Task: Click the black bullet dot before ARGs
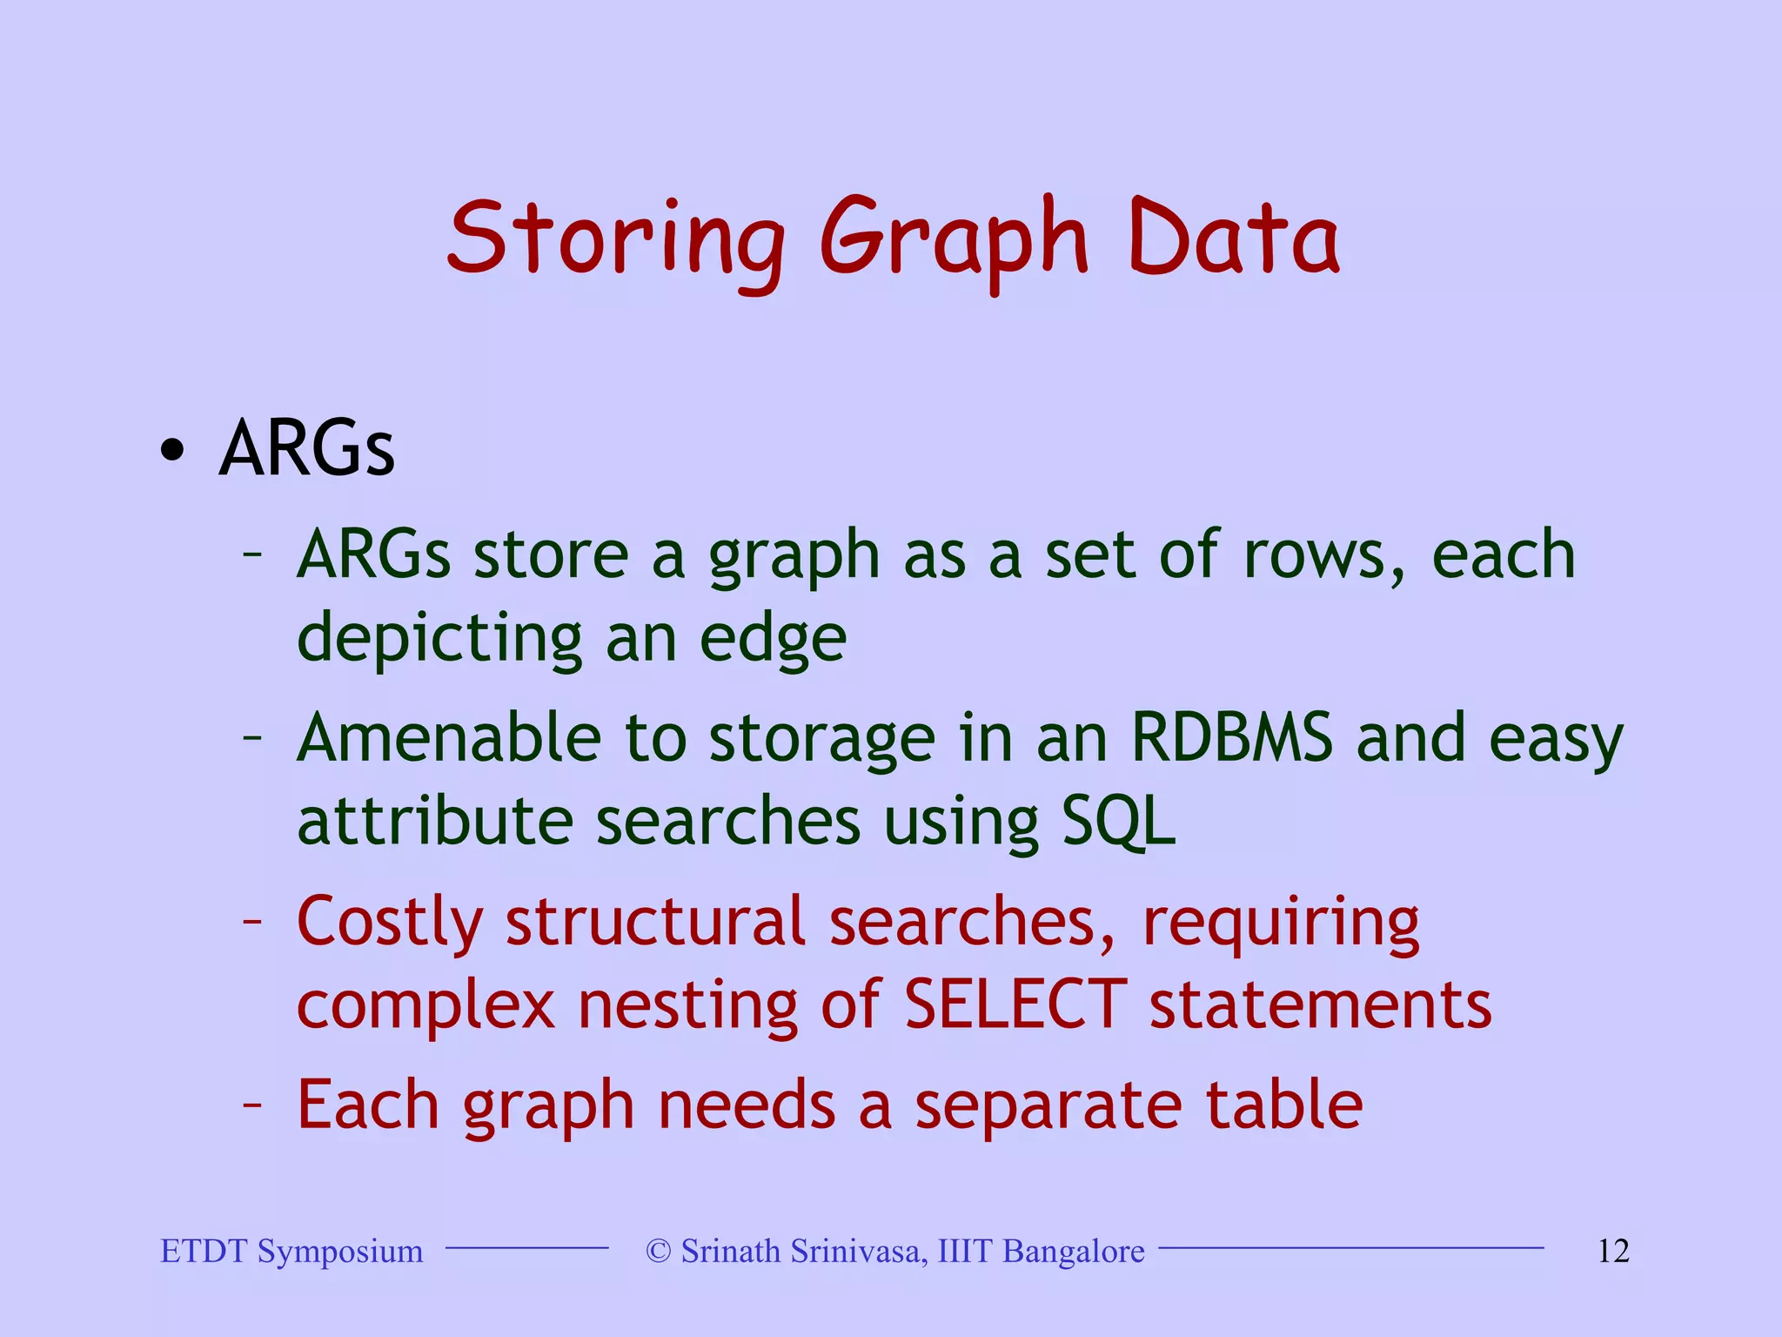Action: pos(172,450)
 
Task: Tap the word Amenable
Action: pos(449,738)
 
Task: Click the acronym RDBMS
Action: pos(1231,738)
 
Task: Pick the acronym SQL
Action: pos(1118,822)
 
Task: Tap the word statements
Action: pos(1320,1004)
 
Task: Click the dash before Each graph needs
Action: pos(252,1104)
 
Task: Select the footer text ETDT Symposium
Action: pos(291,1251)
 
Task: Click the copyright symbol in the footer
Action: pos(659,1251)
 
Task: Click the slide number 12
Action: pos(1612,1251)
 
